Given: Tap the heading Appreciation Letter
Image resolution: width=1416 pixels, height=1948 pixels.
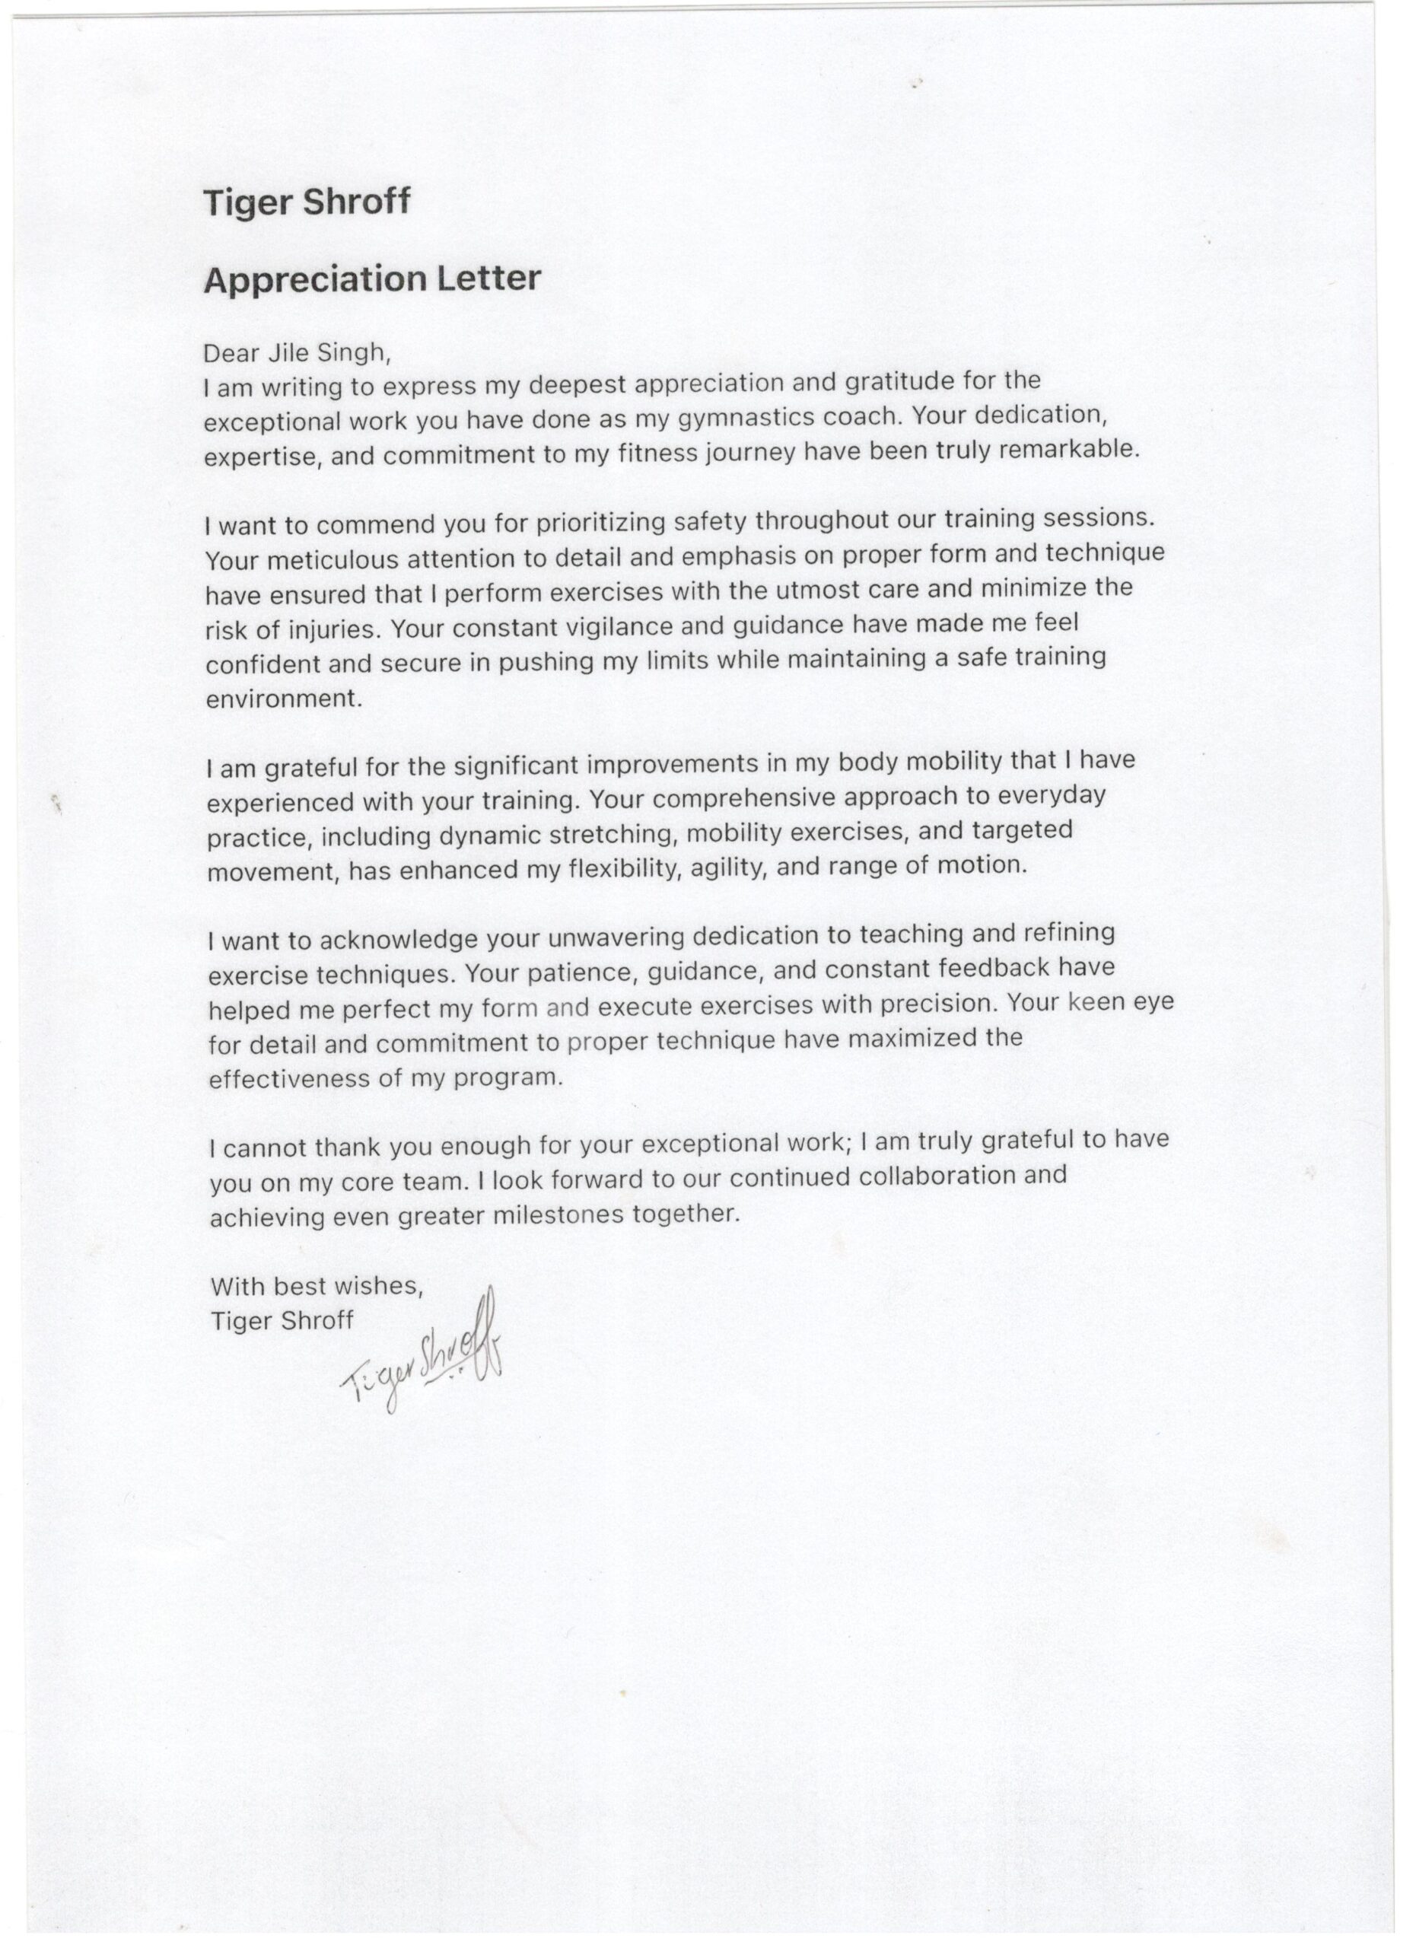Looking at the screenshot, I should pos(372,279).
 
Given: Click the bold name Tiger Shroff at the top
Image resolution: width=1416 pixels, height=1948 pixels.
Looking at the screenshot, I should pos(307,202).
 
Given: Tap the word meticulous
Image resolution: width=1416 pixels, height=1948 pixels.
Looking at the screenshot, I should pos(333,560).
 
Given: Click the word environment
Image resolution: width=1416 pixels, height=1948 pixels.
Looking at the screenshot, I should pos(283,699).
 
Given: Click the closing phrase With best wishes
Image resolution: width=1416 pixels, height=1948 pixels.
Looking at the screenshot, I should pos(317,1286).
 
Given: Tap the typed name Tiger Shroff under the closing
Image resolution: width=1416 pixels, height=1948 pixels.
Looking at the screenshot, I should pos(282,1320).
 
